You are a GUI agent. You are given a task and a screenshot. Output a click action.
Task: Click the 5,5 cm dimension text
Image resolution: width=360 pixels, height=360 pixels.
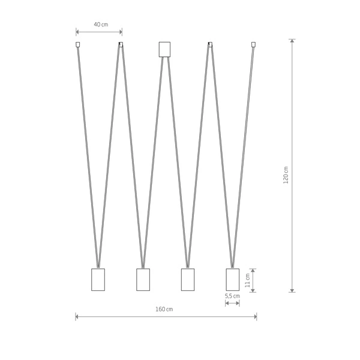click(232, 296)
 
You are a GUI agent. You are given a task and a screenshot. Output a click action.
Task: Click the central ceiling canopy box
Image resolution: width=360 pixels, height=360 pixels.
click(164, 49)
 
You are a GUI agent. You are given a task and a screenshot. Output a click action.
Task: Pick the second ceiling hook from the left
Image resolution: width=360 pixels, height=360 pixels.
click(121, 44)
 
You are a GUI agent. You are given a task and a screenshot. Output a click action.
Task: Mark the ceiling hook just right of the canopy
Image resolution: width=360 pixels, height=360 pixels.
click(209, 44)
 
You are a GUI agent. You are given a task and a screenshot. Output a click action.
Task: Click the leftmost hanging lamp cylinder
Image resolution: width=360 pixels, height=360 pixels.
click(98, 279)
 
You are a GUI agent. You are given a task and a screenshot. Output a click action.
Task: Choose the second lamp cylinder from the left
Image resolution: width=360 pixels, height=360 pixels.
click(143, 279)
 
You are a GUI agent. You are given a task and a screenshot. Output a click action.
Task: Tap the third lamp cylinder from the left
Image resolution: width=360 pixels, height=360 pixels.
click(188, 279)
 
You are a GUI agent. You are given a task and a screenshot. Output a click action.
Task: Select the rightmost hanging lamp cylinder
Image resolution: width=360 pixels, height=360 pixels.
click(232, 279)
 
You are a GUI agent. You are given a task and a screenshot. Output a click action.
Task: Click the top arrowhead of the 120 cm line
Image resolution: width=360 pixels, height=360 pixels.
click(292, 41)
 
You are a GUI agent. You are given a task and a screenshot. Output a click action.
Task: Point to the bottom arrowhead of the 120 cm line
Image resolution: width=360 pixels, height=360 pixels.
click(292, 290)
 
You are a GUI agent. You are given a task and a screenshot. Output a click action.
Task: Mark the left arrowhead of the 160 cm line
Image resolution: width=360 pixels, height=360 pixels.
click(77, 316)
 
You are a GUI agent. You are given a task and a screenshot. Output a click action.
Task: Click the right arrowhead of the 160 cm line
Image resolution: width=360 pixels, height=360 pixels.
click(255, 316)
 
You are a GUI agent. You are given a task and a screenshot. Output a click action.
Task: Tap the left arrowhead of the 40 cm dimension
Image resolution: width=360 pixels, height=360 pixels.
click(78, 32)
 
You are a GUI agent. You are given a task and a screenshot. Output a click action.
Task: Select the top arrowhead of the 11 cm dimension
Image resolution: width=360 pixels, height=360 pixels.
click(254, 269)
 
